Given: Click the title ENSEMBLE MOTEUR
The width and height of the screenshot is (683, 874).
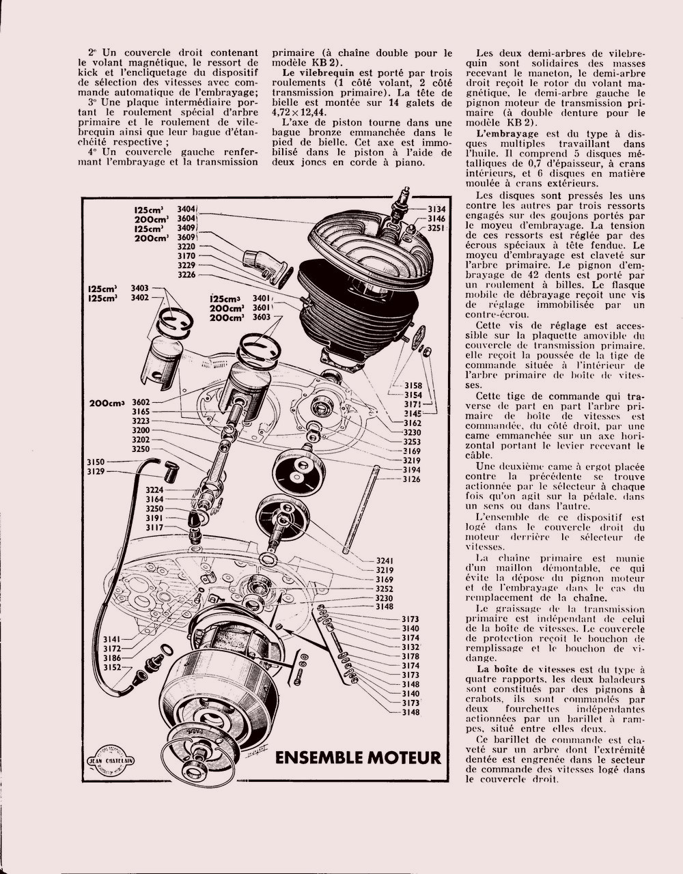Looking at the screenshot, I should tap(357, 758).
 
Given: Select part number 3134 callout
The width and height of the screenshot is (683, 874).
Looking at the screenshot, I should tap(437, 209).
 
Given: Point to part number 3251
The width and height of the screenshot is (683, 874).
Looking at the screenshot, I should tap(437, 228).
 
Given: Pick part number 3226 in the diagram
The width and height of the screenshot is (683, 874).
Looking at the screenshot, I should tap(186, 274).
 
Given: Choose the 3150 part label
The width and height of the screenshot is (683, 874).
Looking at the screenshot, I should tap(96, 462).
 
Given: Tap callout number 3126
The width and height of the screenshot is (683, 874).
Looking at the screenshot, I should tap(411, 479).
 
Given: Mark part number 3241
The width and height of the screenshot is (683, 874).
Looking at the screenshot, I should tap(385, 561).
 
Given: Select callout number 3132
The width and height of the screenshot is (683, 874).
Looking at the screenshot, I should tap(410, 647).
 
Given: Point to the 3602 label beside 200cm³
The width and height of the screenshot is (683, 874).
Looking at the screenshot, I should tap(141, 403).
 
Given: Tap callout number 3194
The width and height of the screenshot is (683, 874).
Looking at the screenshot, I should tap(411, 470).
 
